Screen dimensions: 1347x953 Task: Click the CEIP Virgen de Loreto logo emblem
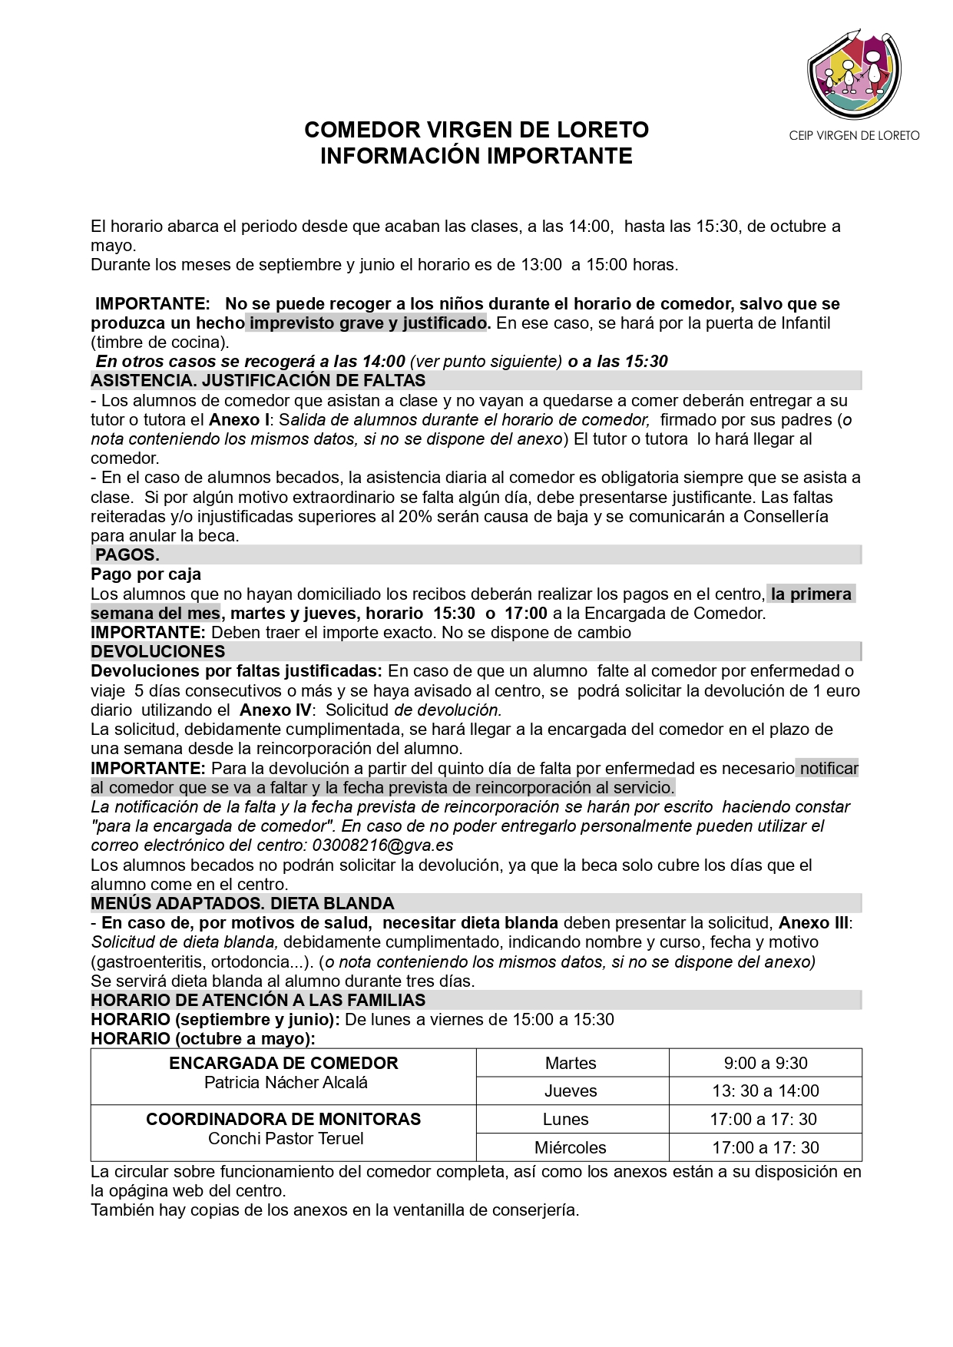point(854,73)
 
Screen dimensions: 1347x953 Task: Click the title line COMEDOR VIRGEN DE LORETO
point(476,130)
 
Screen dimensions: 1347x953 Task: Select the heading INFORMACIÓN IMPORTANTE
point(476,156)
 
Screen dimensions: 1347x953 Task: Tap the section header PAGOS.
point(127,554)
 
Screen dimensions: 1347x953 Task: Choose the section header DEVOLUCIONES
point(158,651)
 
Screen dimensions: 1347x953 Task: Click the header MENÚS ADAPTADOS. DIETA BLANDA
point(243,903)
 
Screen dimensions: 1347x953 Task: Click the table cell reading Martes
point(571,1063)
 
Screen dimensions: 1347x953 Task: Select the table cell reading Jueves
point(571,1091)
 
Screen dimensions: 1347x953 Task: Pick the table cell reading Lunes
point(566,1119)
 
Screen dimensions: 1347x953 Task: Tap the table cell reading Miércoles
point(571,1147)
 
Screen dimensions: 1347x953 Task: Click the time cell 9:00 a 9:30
point(766,1063)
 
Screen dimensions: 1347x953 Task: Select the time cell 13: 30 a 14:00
point(766,1091)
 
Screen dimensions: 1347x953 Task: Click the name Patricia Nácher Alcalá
point(286,1082)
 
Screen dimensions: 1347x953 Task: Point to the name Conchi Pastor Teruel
point(286,1138)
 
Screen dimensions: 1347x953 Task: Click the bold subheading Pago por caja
point(146,574)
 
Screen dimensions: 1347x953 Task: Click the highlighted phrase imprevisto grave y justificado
point(368,323)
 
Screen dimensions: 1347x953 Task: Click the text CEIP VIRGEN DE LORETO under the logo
point(854,136)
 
